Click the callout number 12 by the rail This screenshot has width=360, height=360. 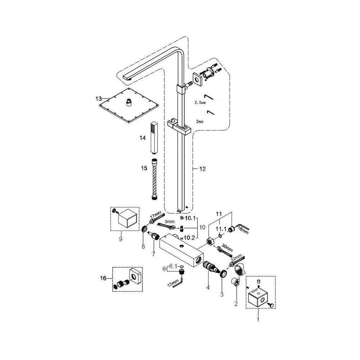click(x=202, y=169)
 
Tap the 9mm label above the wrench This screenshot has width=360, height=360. click(x=169, y=221)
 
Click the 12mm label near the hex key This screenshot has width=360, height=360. click(x=172, y=284)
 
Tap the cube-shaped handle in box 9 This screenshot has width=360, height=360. click(x=126, y=220)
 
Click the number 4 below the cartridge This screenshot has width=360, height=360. click(x=208, y=286)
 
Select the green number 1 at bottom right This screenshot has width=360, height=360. click(x=258, y=319)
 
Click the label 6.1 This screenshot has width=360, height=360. click(x=173, y=266)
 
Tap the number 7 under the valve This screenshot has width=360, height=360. click(x=153, y=254)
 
